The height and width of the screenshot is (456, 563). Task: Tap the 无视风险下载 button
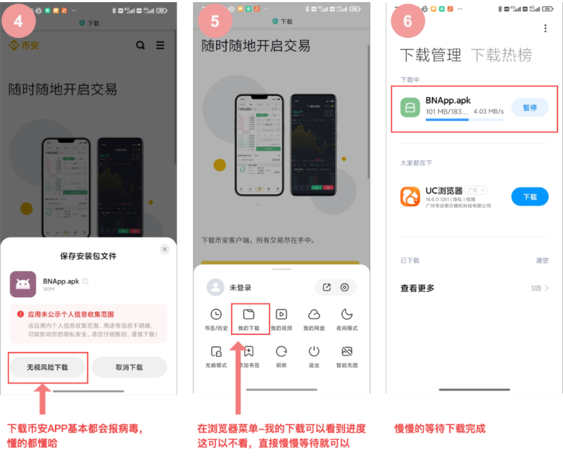click(x=48, y=367)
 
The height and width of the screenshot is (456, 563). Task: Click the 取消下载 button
click(x=129, y=367)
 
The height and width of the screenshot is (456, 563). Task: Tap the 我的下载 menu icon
click(x=248, y=315)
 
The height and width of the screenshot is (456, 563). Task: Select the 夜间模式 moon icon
click(x=346, y=315)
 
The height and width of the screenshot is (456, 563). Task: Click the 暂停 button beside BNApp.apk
click(x=529, y=108)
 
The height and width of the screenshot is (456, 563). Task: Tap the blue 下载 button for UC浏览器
click(x=529, y=197)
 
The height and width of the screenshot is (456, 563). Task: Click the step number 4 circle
click(x=18, y=20)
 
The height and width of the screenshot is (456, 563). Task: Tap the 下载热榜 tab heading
click(x=501, y=55)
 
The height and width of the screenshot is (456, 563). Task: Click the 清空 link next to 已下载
click(x=542, y=260)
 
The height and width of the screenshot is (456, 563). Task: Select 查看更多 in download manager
click(x=417, y=288)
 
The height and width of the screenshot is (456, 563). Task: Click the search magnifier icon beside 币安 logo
click(x=141, y=45)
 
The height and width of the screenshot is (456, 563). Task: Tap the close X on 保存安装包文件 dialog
click(x=165, y=249)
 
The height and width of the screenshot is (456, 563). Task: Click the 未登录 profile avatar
click(x=215, y=287)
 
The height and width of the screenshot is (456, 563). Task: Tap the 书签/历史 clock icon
click(x=216, y=315)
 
